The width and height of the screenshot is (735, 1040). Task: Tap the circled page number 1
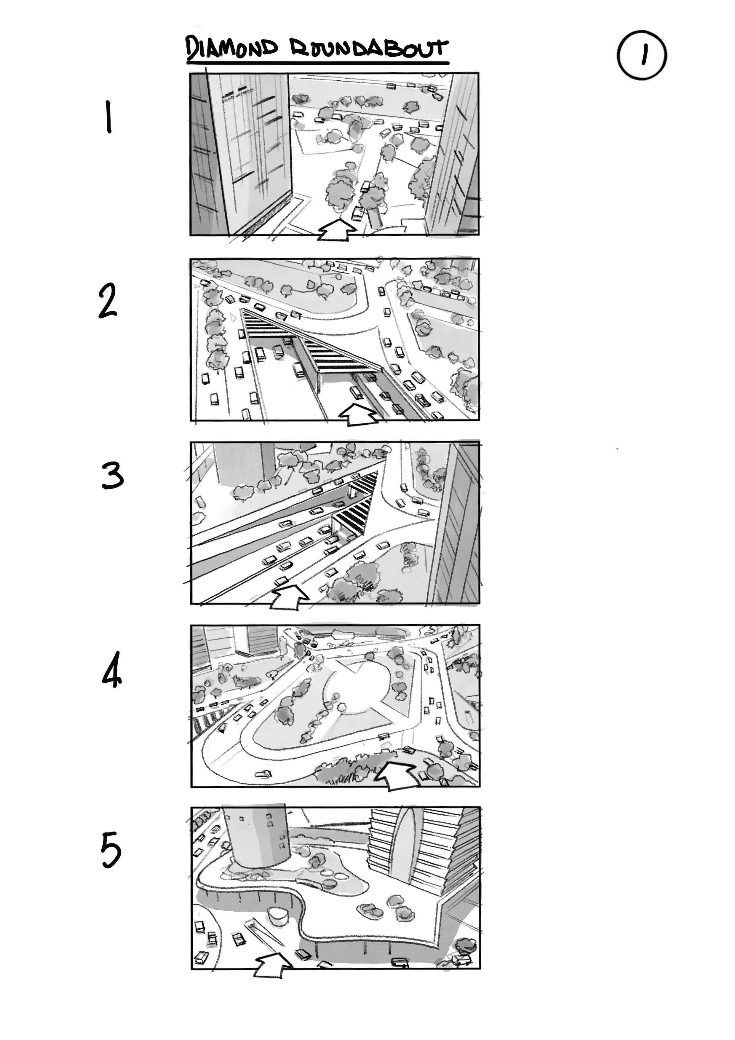(642, 55)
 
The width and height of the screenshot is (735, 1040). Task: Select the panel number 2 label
(108, 301)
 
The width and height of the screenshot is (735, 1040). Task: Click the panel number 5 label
(111, 851)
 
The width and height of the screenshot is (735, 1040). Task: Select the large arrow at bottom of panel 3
(289, 597)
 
